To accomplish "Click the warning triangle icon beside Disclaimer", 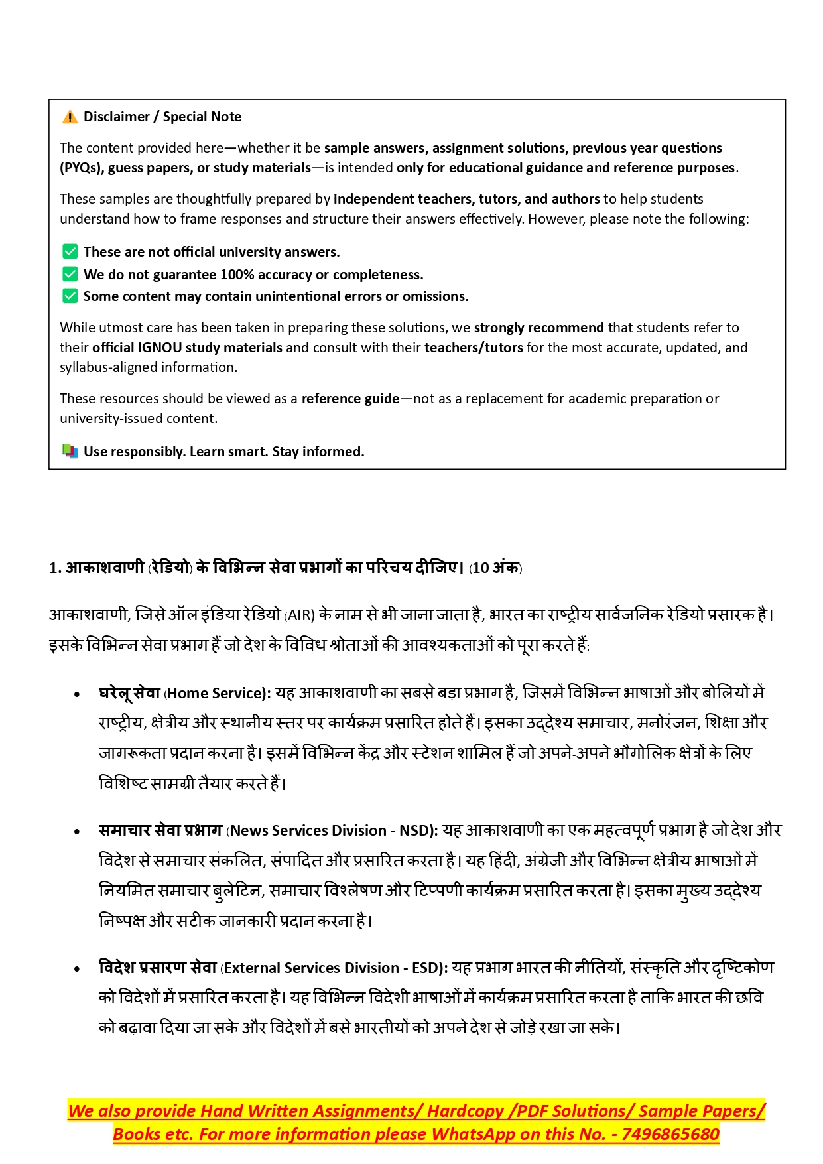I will click(70, 117).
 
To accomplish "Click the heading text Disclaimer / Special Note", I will click(162, 117).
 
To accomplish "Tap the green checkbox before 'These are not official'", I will click(70, 251).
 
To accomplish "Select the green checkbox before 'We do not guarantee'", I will click(70, 274).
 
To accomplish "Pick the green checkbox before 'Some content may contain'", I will click(70, 296).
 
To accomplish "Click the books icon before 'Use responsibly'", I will click(70, 452).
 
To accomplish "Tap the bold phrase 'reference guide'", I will click(350, 399).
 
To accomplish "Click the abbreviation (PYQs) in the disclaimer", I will click(81, 168).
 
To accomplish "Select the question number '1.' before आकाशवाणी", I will click(55, 568).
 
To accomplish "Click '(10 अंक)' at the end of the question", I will click(495, 568).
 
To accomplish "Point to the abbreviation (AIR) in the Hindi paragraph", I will click(299, 615).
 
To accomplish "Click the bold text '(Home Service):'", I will click(218, 694).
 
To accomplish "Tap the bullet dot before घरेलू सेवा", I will click(77, 694).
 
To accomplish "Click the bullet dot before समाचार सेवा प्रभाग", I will click(77, 832).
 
